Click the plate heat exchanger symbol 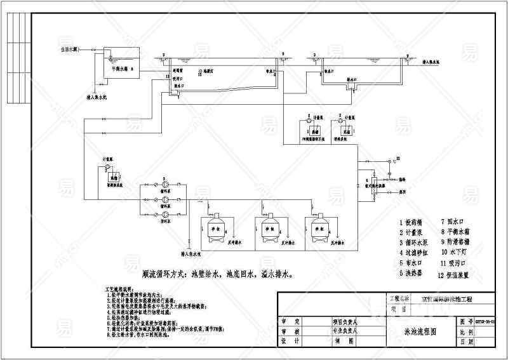(374, 185)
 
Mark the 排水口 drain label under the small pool (351, 81)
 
